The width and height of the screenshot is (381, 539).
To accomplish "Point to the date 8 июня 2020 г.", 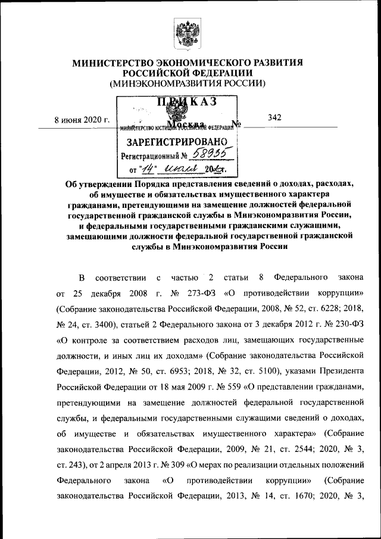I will pos(82,119).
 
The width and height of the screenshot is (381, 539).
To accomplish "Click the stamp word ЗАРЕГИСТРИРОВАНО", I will pos(177,142).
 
